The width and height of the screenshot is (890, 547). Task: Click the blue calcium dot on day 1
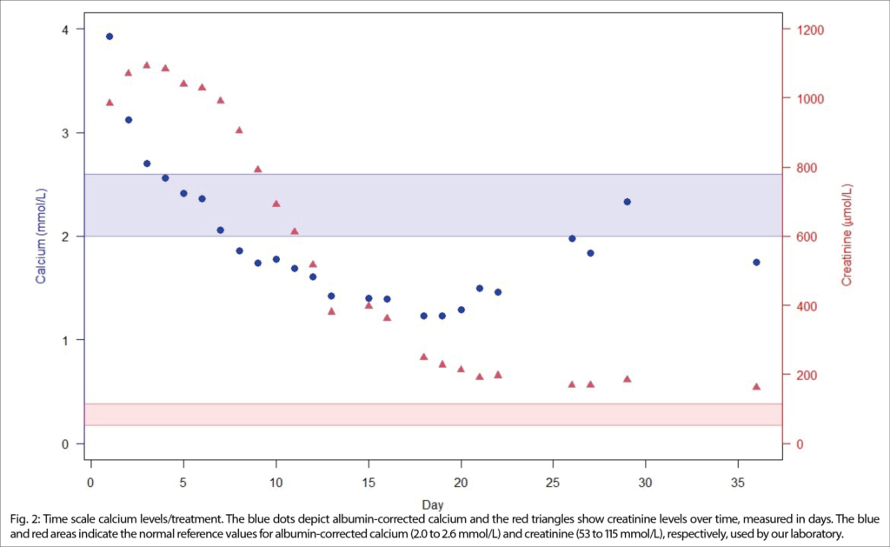pyautogui.click(x=110, y=37)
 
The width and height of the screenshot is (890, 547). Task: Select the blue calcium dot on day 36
pyautogui.click(x=756, y=262)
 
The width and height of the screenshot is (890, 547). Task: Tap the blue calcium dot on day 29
pyautogui.click(x=627, y=202)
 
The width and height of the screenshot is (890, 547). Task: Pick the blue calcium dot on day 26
pyautogui.click(x=572, y=238)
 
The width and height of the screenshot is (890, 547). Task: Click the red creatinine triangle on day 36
pyautogui.click(x=756, y=386)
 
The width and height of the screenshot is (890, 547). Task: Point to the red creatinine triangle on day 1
pyautogui.click(x=110, y=102)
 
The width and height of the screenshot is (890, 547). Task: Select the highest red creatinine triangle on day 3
pyautogui.click(x=146, y=64)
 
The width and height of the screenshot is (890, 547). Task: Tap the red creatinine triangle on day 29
pyautogui.click(x=627, y=378)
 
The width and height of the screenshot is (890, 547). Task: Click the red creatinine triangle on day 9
pyautogui.click(x=257, y=169)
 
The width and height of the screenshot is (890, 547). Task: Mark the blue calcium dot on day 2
pyautogui.click(x=129, y=120)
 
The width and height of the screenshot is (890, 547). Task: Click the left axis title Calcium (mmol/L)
pyautogui.click(x=40, y=237)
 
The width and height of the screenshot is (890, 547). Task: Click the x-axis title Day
pyautogui.click(x=432, y=504)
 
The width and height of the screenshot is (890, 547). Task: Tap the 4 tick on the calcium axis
pyautogui.click(x=65, y=30)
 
